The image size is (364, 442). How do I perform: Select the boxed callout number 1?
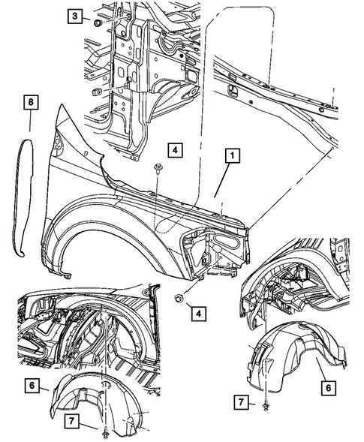(x=233, y=155)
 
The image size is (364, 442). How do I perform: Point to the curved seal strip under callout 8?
(x=26, y=195)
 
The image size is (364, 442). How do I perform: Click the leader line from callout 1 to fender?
(x=226, y=180)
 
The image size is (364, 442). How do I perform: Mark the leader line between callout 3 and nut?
(x=88, y=18)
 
